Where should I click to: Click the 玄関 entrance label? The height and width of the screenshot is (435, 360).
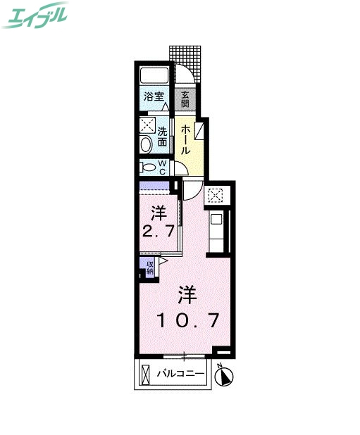(185, 99)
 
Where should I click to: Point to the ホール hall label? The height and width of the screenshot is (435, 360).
(185, 139)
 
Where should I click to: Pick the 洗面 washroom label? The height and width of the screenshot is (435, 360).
(163, 136)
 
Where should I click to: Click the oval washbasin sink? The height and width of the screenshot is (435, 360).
(146, 145)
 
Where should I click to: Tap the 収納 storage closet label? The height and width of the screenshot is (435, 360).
(150, 266)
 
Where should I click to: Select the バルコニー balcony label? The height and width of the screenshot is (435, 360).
(180, 373)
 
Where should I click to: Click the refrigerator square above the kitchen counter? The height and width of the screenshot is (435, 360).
(215, 196)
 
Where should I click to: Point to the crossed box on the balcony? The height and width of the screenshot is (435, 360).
(145, 374)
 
